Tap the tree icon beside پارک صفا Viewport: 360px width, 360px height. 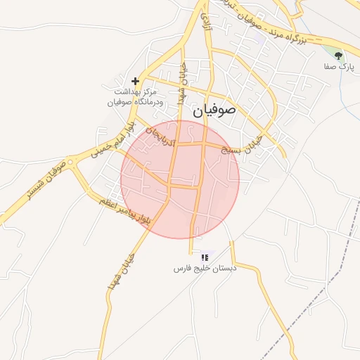pos(339,55)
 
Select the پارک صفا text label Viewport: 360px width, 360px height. pos(339,67)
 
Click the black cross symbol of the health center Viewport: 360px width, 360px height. pos(135,81)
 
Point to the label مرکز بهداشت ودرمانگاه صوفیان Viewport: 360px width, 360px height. pos(139,97)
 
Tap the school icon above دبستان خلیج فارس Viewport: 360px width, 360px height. pos(205,258)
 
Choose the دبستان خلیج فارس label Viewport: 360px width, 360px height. pos(205,269)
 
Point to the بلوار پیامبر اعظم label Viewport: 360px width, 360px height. pos(123,208)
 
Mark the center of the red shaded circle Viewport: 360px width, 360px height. pos(180,179)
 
